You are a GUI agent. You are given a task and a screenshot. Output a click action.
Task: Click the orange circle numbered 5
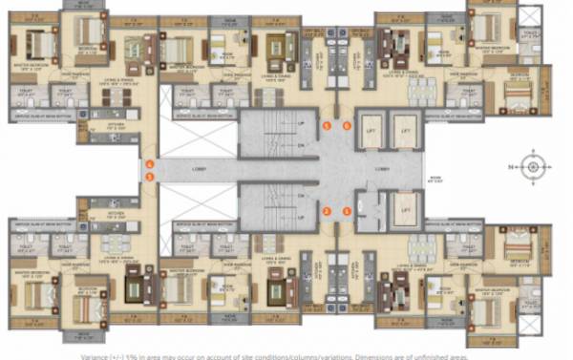tap(326, 125)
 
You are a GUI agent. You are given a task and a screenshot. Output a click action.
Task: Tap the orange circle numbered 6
tap(347, 125)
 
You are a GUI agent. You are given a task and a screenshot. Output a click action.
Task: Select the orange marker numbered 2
tap(326, 211)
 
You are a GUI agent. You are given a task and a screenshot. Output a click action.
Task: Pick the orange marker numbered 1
tap(347, 211)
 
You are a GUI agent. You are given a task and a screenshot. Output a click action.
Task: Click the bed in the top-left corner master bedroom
tap(41, 42)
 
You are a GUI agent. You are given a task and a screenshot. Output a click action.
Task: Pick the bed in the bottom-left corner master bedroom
tap(41, 294)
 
